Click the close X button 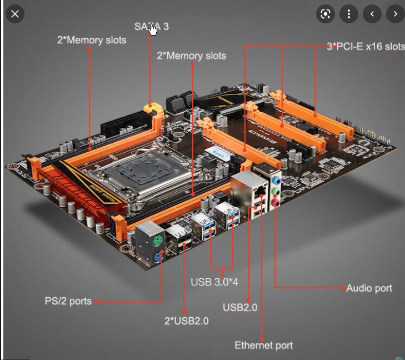[15, 14]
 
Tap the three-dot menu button [349, 14]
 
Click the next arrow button [395, 14]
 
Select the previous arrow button [372, 14]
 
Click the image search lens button [326, 14]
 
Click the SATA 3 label [152, 26]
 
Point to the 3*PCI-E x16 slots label [366, 47]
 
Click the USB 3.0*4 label [214, 282]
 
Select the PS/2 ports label [68, 301]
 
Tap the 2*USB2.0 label [187, 321]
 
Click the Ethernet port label [264, 346]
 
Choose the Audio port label [369, 288]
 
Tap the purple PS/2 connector [158, 257]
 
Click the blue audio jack [277, 180]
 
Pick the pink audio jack [276, 203]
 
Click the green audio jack [276, 192]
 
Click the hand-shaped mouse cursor [153, 29]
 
